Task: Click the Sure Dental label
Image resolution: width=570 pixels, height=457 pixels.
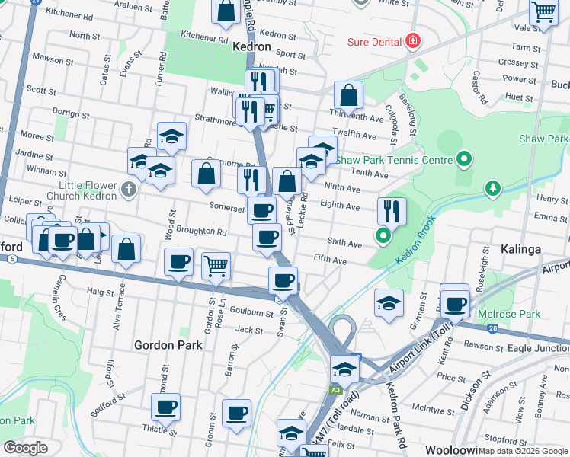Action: (x=374, y=41)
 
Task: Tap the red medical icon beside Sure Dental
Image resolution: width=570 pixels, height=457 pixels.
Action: (x=413, y=40)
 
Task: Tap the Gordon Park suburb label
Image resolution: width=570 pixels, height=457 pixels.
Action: (x=168, y=345)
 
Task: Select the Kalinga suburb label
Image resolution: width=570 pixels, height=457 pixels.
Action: (x=521, y=249)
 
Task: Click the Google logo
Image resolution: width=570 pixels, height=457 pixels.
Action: (x=25, y=448)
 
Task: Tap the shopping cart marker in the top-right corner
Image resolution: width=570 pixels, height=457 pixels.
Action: (x=544, y=13)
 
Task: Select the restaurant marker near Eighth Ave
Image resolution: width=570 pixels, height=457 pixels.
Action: (x=392, y=211)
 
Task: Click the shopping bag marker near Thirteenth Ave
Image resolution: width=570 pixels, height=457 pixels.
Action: (x=348, y=96)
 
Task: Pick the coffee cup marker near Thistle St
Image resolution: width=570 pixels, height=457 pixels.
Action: (x=165, y=407)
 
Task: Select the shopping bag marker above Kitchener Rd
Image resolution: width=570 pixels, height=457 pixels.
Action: (x=226, y=11)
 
